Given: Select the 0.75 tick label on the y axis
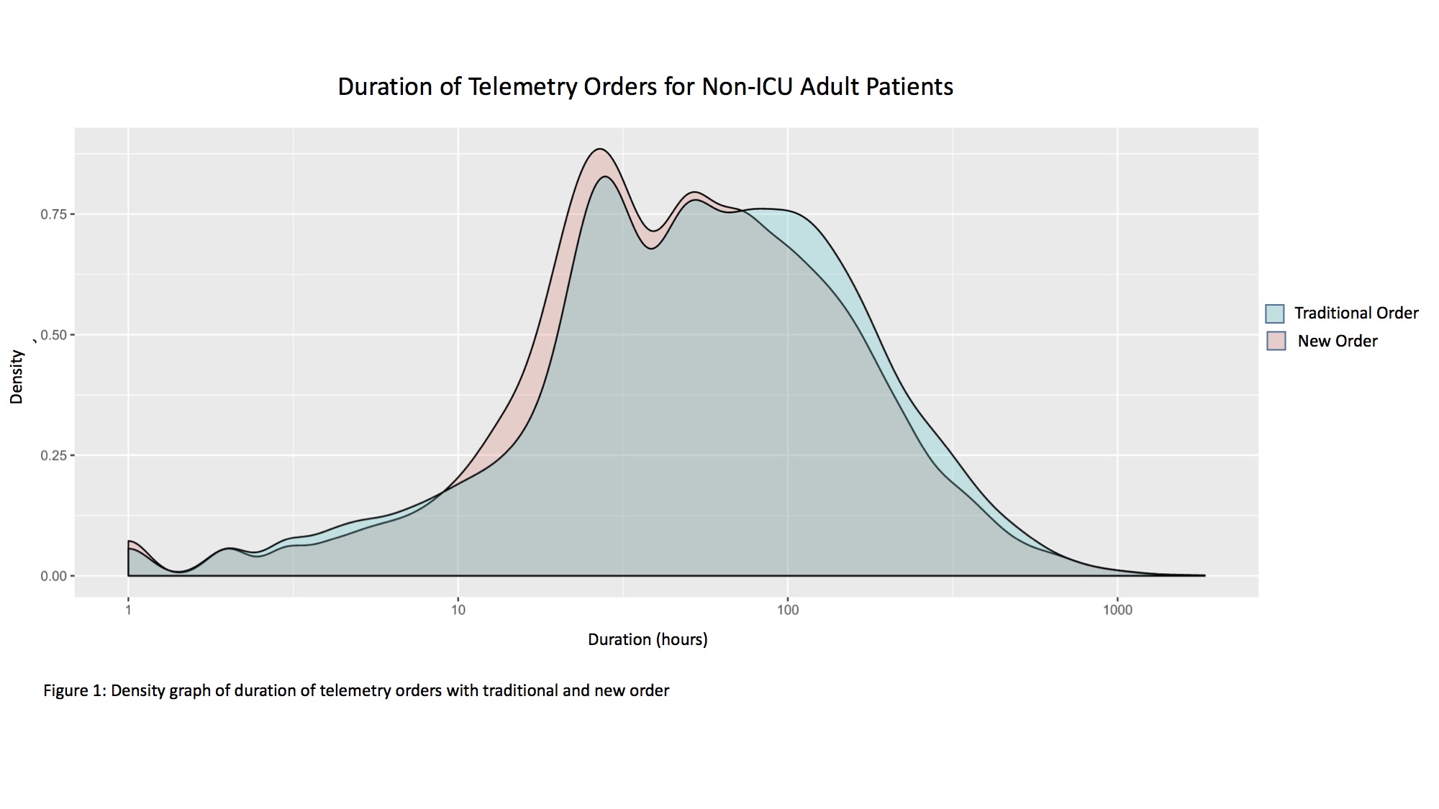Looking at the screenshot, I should (x=53, y=214).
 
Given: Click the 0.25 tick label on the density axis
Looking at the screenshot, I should (x=53, y=455).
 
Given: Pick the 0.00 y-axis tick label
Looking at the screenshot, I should (x=53, y=576).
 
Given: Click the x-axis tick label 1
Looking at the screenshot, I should (x=128, y=611).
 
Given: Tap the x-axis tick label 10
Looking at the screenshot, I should (x=458, y=611).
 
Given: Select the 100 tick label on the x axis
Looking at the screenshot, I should (x=788, y=611).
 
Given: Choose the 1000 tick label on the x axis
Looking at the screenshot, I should (x=1117, y=611).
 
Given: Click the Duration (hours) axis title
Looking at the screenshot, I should (x=648, y=639).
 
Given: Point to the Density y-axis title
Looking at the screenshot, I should (x=17, y=377).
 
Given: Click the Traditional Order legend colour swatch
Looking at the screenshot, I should (x=1275, y=314).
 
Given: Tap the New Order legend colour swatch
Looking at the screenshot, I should (x=1275, y=341).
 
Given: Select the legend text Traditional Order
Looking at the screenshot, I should (x=1356, y=314).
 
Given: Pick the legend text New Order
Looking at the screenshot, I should (x=1337, y=342).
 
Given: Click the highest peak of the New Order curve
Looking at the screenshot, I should (x=599, y=150).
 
